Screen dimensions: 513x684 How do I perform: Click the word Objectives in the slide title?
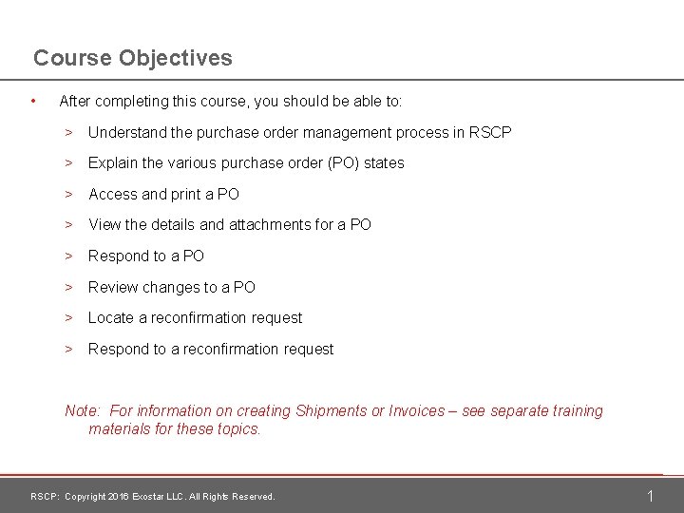pos(177,58)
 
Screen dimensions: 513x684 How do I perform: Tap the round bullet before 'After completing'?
pos(33,100)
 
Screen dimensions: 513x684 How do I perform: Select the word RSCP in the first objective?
pos(490,132)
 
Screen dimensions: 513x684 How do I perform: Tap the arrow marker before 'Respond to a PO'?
pos(69,256)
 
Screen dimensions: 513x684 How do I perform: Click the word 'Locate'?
pos(111,317)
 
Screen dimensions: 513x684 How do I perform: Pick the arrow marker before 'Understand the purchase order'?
pos(69,132)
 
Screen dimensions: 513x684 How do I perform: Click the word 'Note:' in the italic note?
pos(83,410)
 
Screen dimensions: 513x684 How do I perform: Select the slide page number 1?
pos(651,496)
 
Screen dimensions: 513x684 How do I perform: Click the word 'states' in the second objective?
pos(384,162)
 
